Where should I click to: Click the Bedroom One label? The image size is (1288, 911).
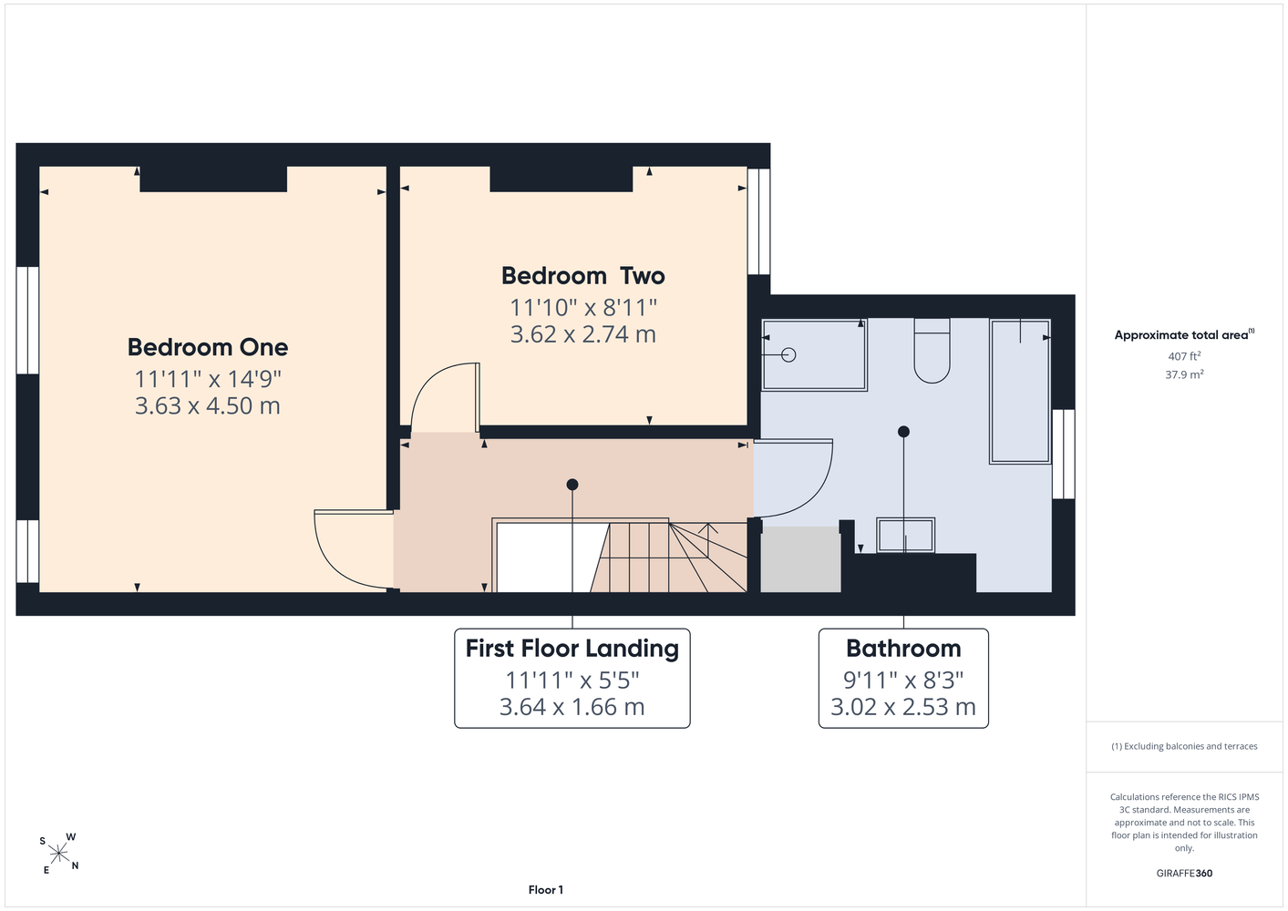[208, 347]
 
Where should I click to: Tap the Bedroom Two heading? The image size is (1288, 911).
[583, 276]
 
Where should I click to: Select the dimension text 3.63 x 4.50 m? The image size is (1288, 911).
[208, 405]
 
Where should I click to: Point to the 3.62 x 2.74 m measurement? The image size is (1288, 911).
[583, 334]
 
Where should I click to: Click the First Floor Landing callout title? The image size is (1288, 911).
[572, 649]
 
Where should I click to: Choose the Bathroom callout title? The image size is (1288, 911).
[903, 649]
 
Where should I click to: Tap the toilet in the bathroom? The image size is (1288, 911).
[932, 351]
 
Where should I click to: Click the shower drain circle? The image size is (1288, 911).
[788, 355]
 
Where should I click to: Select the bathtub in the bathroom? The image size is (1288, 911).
[1020, 391]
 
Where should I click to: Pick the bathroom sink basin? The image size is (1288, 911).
[906, 535]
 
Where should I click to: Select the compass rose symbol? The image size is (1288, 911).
[58, 854]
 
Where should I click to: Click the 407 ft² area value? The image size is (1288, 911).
[1184, 356]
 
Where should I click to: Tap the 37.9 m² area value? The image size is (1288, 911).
[1184, 374]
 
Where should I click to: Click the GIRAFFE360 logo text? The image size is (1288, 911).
[1184, 873]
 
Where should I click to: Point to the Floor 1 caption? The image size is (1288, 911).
[546, 890]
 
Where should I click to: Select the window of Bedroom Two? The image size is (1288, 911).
[759, 221]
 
